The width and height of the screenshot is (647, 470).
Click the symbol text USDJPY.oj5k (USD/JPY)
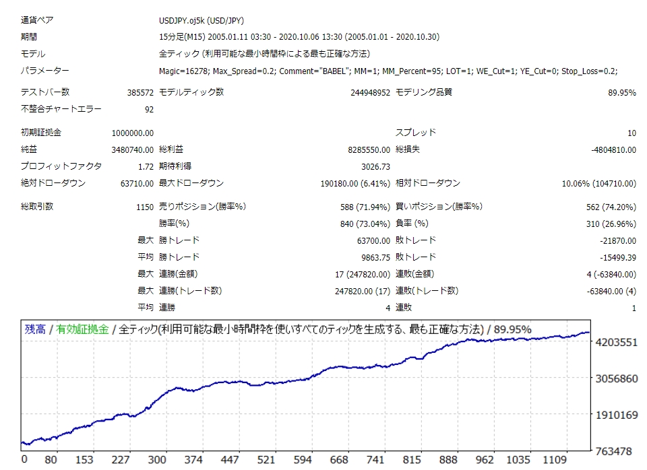(200, 20)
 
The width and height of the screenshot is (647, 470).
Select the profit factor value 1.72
(145, 166)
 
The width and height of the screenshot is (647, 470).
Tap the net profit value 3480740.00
(132, 149)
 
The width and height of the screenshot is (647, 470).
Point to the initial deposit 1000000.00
(132, 133)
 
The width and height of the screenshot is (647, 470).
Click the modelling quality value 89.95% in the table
(621, 92)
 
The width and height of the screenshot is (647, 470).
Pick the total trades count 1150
(145, 207)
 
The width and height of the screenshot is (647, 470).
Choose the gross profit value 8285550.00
(365, 149)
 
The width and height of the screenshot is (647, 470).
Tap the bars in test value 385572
(140, 92)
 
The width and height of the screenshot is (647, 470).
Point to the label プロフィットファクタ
(61, 166)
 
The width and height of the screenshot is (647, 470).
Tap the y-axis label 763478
(617, 450)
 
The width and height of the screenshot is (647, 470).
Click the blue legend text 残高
(34, 329)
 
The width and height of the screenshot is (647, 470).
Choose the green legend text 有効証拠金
(82, 329)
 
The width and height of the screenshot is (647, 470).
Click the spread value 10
(631, 133)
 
